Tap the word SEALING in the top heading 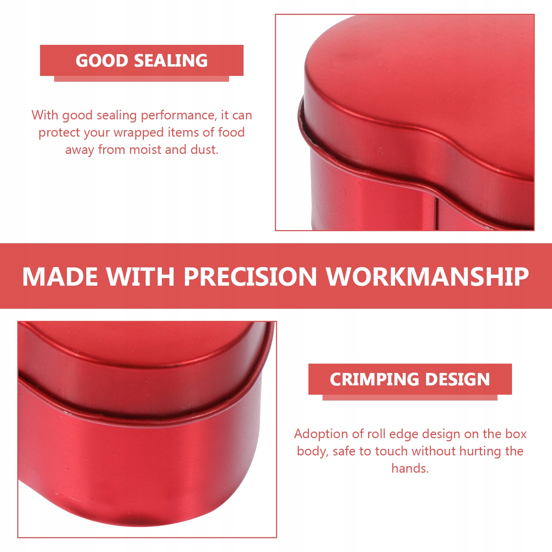pyautogui.click(x=171, y=61)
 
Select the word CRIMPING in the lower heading pyautogui.click(x=375, y=379)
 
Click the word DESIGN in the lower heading pyautogui.click(x=458, y=379)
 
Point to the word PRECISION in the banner pyautogui.click(x=250, y=277)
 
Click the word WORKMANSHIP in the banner pyautogui.click(x=428, y=277)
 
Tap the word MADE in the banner pyautogui.click(x=60, y=277)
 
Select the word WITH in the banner pyautogui.click(x=140, y=277)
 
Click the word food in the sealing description pyautogui.click(x=231, y=132)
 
